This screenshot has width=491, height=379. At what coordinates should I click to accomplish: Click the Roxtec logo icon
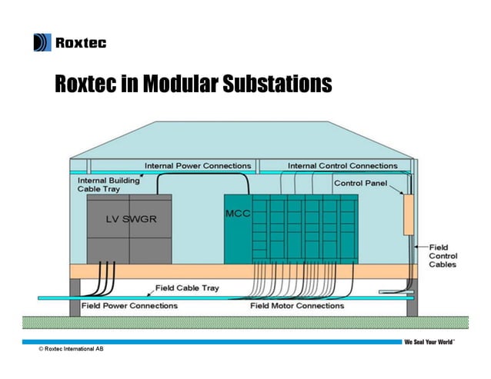pyautogui.click(x=42, y=42)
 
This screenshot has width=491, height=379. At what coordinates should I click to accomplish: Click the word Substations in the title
pyautogui.click(x=277, y=83)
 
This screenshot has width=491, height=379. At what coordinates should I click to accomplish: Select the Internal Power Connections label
pyautogui.click(x=199, y=165)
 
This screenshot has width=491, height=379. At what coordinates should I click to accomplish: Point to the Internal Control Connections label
pyautogui.click(x=342, y=165)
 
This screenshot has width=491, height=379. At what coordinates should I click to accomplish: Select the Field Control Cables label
pyautogui.click(x=443, y=255)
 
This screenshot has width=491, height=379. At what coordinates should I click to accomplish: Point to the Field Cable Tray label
pyautogui.click(x=187, y=288)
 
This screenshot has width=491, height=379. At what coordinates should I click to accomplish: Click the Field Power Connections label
pyautogui.click(x=129, y=306)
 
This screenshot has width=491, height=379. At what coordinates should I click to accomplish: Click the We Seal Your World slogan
pyautogui.click(x=429, y=341)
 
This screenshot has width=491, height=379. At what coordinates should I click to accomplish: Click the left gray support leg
pyautogui.click(x=75, y=296)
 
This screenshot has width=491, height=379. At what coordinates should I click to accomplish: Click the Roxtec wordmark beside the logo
pyautogui.click(x=80, y=43)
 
